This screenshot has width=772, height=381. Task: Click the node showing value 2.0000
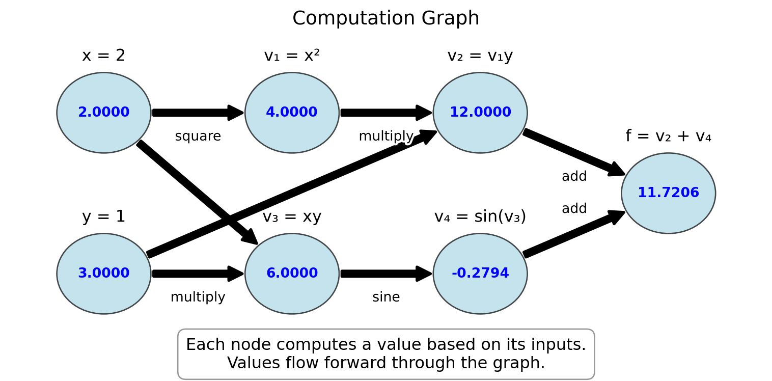point(104,113)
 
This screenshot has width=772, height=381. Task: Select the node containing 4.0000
point(292,113)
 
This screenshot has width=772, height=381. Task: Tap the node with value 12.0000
point(480,113)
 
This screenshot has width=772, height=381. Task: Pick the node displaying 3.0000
point(104,274)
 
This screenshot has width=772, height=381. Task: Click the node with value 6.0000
point(292,274)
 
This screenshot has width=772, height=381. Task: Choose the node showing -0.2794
point(480,274)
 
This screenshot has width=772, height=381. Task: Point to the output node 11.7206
point(668,193)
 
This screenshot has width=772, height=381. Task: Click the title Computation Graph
point(385,18)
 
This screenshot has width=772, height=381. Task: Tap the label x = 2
point(104,56)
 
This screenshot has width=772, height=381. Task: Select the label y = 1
point(104,216)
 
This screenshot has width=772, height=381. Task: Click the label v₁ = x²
point(292,56)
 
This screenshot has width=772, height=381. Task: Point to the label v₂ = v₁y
point(480,56)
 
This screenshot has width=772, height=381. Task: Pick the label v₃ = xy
point(292,216)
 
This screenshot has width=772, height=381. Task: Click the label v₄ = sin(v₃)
point(480,216)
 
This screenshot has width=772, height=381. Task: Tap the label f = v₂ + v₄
point(668,136)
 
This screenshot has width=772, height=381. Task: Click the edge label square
point(198,137)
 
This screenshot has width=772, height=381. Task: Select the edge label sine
point(386,297)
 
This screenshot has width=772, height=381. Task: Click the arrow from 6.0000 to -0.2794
point(386,274)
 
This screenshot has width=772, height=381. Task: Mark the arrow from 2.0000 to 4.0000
point(198,113)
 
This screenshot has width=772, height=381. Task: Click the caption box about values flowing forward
point(386,354)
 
